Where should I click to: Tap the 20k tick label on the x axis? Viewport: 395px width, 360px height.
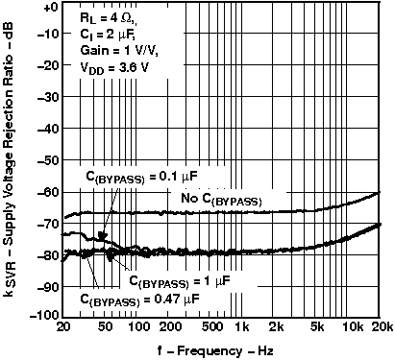[382, 327]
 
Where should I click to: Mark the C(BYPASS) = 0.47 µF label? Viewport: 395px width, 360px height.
[140, 299]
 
